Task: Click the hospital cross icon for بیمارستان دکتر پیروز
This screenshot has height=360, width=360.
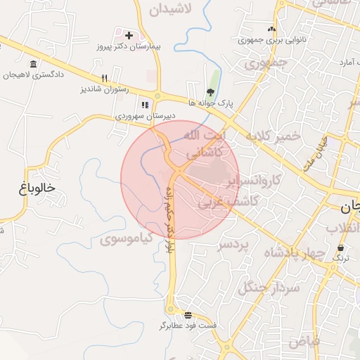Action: tap(129, 34)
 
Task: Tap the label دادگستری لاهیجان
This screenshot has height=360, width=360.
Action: tap(35, 73)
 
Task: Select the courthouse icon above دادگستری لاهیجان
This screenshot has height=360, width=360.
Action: tap(33, 63)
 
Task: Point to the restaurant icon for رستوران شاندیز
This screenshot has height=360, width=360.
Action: tap(104, 79)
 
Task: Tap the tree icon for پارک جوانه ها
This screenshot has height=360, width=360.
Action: tap(210, 92)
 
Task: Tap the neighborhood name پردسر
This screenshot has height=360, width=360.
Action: tap(233, 245)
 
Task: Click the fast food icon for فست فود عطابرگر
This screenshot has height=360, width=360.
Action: tap(188, 314)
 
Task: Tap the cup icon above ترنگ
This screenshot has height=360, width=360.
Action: tap(341, 248)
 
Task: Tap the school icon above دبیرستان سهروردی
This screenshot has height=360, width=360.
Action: tap(144, 105)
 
